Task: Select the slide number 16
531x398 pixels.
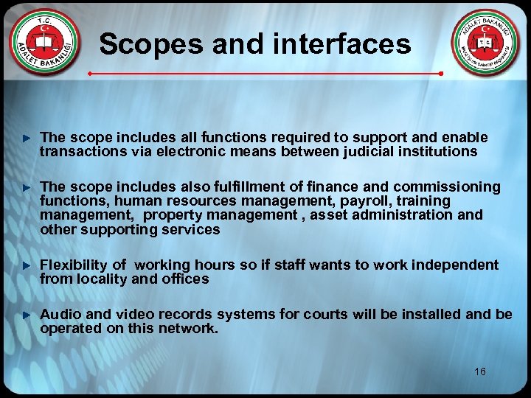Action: click(480, 372)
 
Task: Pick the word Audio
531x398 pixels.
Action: click(59, 315)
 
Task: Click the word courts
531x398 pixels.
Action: click(324, 315)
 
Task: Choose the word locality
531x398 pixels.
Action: click(98, 279)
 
